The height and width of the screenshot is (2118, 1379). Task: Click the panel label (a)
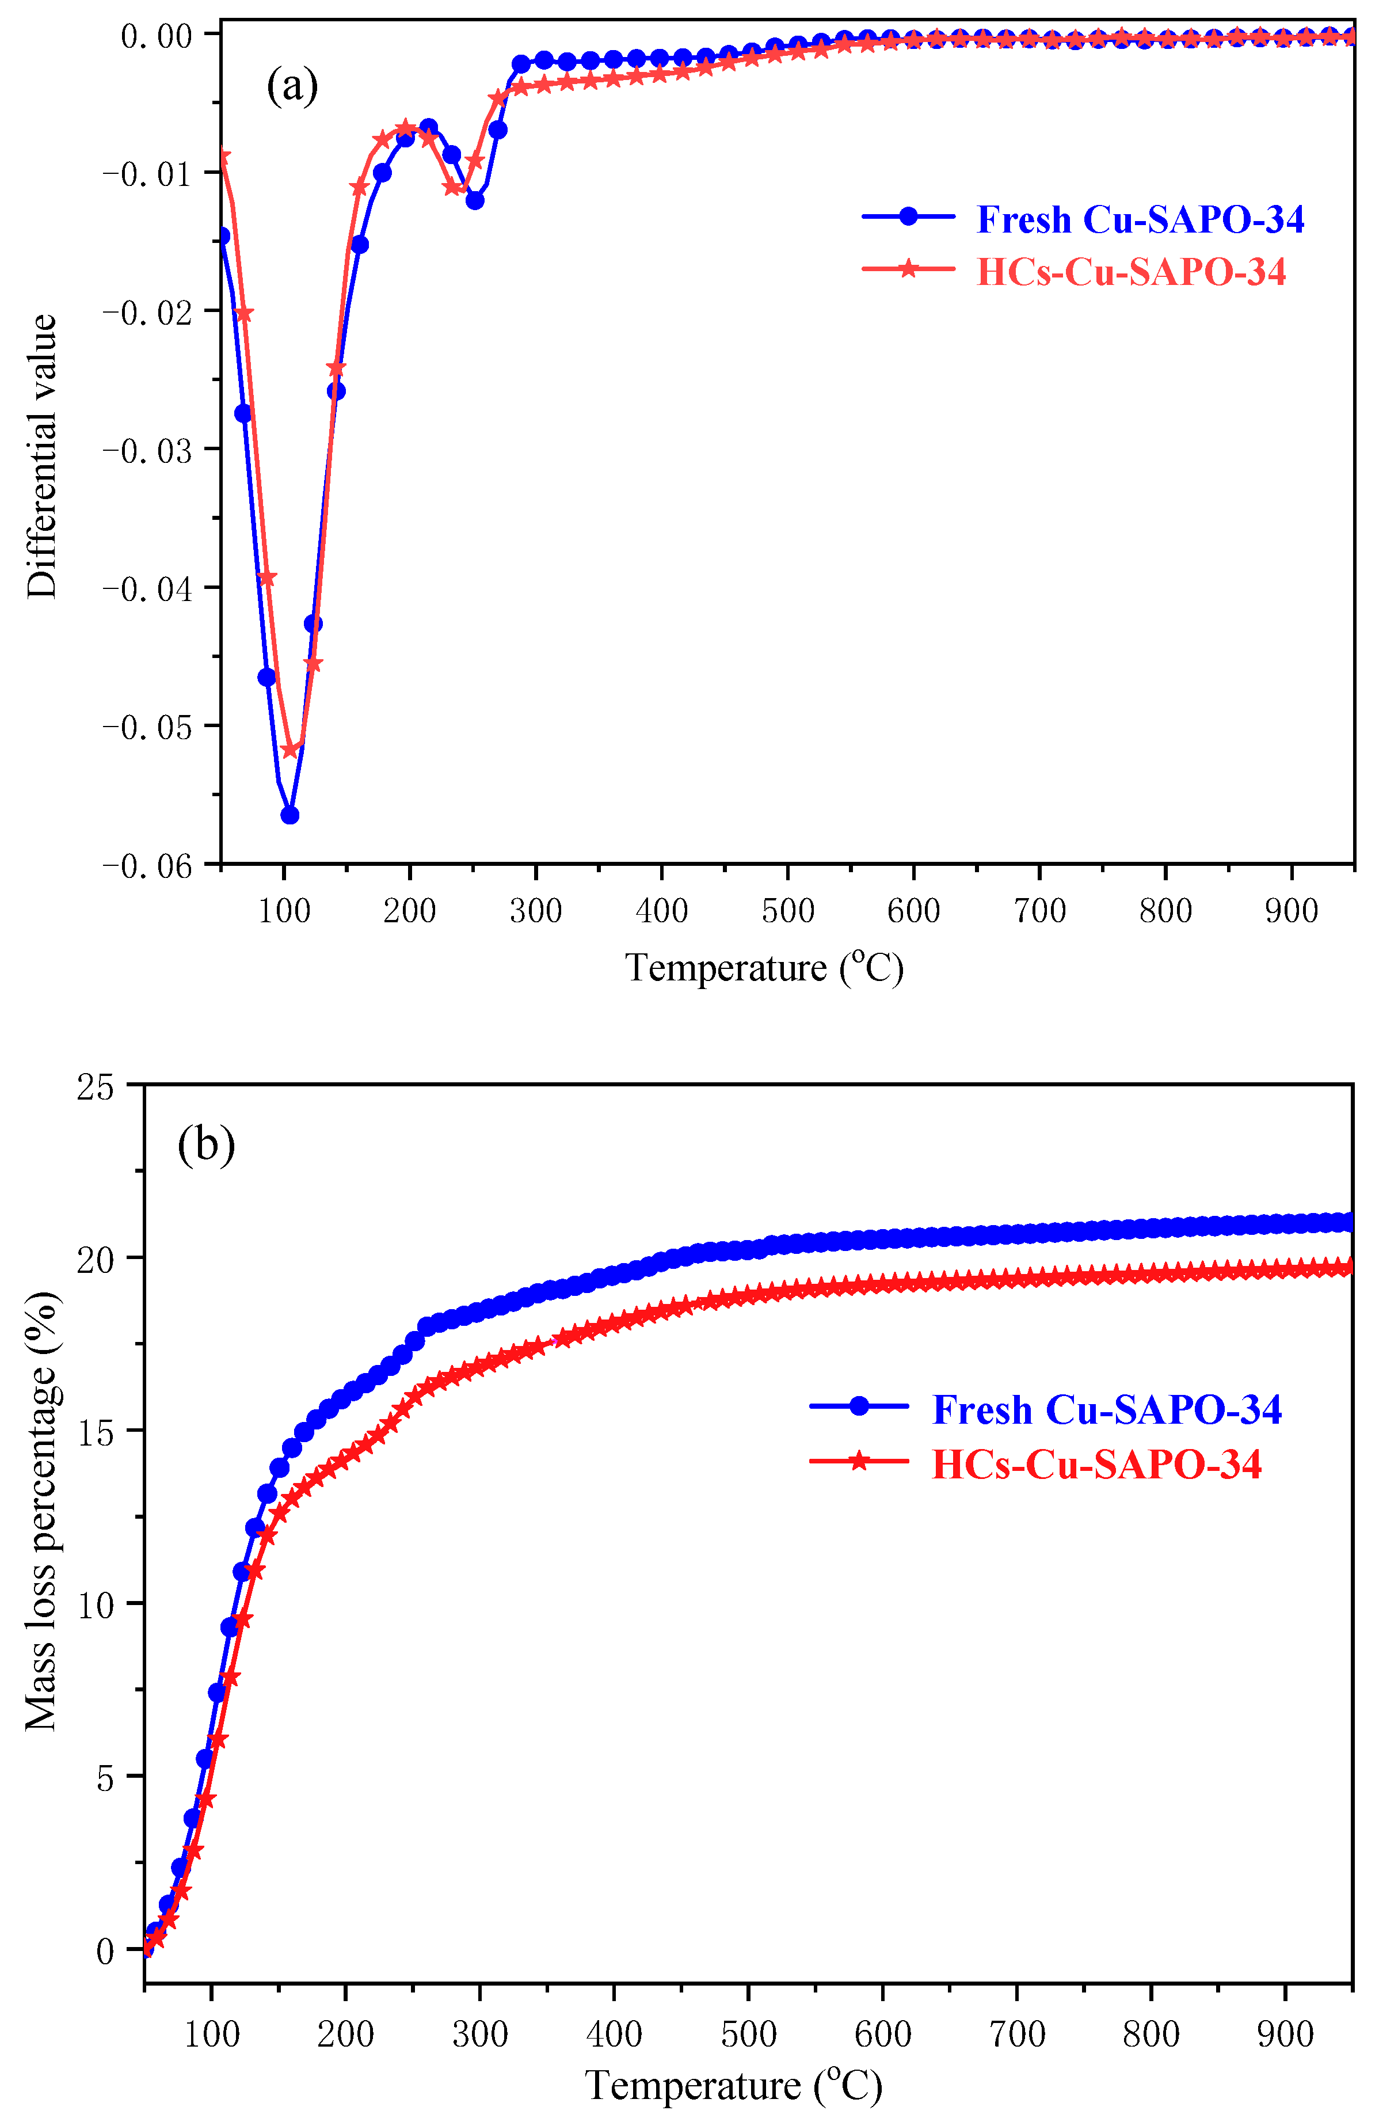point(292,86)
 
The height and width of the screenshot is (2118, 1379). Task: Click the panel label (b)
point(207,1144)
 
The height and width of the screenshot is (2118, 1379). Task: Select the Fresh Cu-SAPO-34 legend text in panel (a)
point(1140,220)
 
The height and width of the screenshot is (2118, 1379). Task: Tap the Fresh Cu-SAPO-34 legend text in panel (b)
point(1106,1410)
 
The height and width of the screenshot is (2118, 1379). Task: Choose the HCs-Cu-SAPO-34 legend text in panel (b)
point(1096,1465)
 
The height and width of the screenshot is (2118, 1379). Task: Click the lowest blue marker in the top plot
point(290,815)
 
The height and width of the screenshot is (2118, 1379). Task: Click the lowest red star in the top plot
point(290,750)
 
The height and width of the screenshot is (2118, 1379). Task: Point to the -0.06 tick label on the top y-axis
point(148,866)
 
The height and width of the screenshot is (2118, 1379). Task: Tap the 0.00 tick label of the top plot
point(157,36)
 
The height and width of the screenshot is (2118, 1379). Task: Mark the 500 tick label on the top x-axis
point(787,910)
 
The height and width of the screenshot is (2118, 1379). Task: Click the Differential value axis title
point(42,455)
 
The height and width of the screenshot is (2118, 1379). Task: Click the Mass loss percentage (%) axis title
point(42,1510)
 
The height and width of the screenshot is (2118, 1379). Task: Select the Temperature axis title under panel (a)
point(763,967)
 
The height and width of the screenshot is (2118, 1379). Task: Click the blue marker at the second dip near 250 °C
point(475,200)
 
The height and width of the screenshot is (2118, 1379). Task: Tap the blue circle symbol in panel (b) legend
point(859,1406)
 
